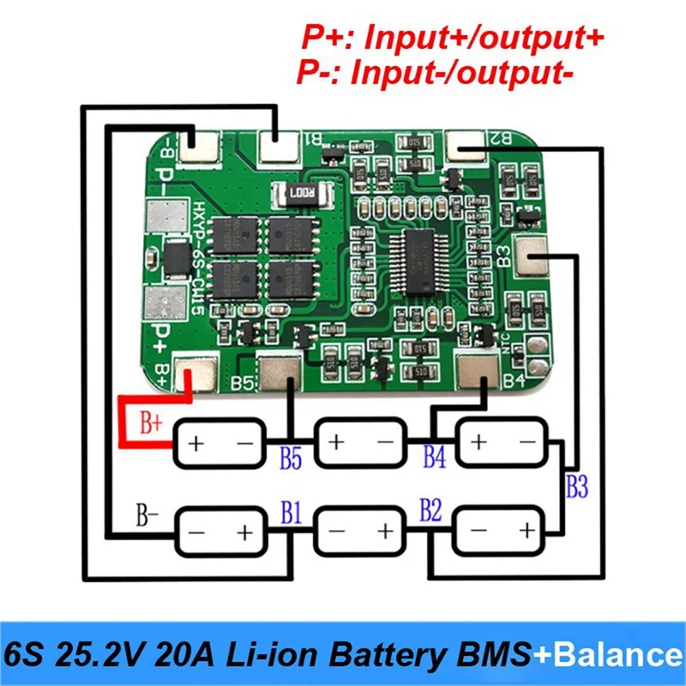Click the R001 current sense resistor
(296, 195)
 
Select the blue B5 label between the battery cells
(291, 459)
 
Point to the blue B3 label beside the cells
(577, 487)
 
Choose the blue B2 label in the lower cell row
(430, 512)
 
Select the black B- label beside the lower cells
(147, 516)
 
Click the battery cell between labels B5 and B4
(360, 443)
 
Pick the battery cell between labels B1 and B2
(360, 532)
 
